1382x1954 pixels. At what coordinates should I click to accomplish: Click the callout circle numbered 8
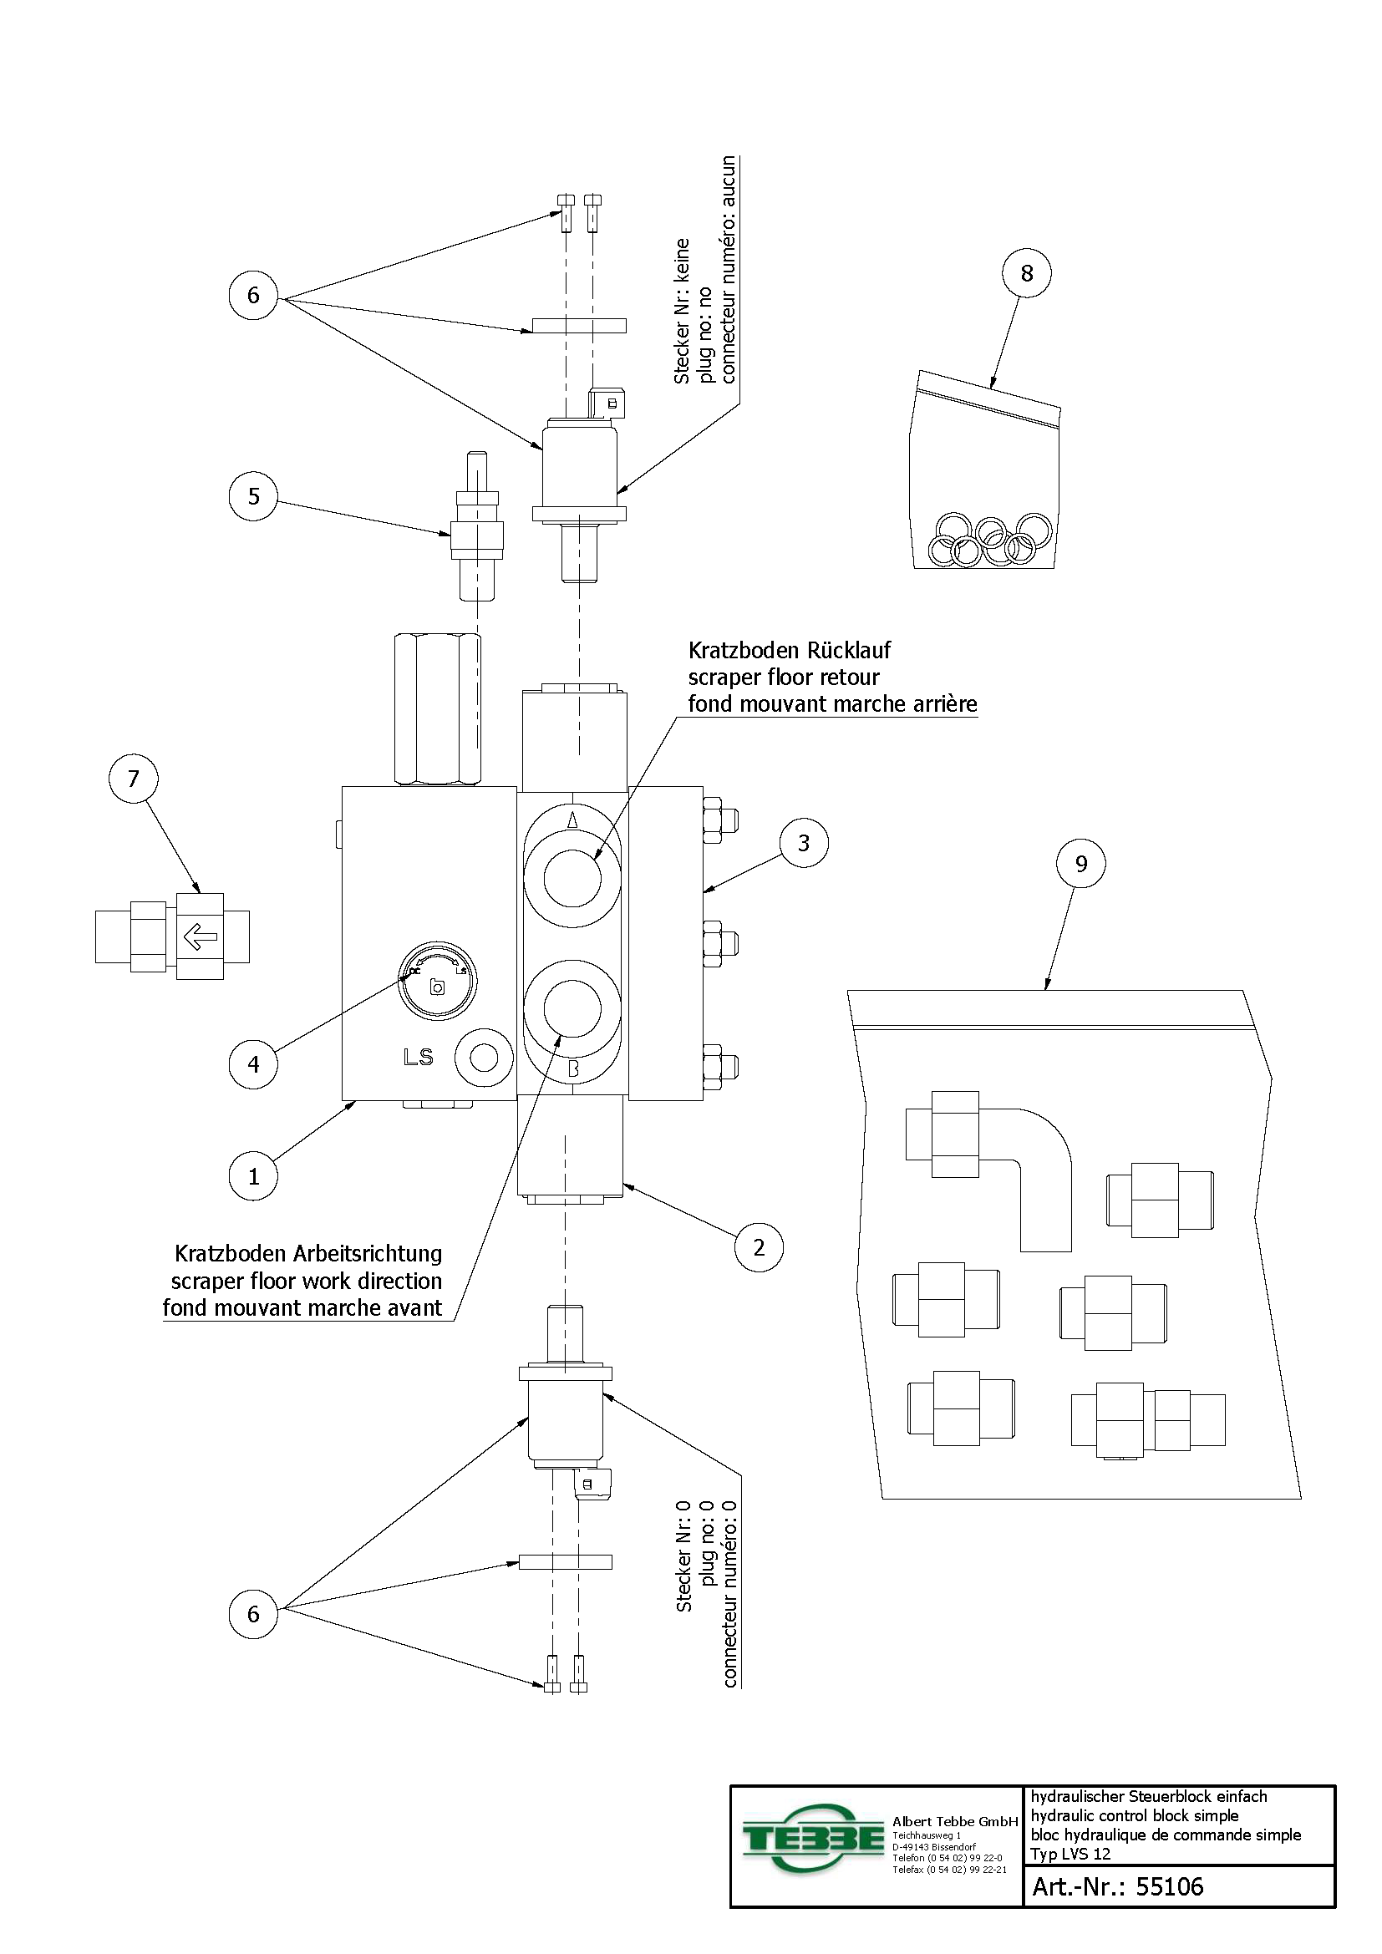pyautogui.click(x=1026, y=273)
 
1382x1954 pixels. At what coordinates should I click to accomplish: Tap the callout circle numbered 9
pyautogui.click(x=1080, y=864)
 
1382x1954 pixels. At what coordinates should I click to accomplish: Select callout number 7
pyautogui.click(x=133, y=779)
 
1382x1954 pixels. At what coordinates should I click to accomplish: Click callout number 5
pyautogui.click(x=254, y=496)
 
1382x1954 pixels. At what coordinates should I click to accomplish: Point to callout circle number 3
pyautogui.click(x=803, y=844)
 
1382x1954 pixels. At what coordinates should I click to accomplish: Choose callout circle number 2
pyautogui.click(x=759, y=1247)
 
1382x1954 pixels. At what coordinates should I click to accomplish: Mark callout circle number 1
pyautogui.click(x=254, y=1176)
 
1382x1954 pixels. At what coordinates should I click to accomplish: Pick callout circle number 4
pyautogui.click(x=254, y=1063)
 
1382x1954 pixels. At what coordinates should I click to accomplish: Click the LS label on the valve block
pyautogui.click(x=418, y=1058)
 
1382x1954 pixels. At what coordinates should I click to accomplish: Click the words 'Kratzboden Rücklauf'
pyautogui.click(x=789, y=651)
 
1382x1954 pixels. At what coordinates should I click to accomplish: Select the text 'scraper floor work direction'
pyautogui.click(x=307, y=1281)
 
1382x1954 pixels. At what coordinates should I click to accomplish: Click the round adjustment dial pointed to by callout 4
pyautogui.click(x=437, y=982)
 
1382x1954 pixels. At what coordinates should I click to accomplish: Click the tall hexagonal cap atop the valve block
pyautogui.click(x=437, y=709)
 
